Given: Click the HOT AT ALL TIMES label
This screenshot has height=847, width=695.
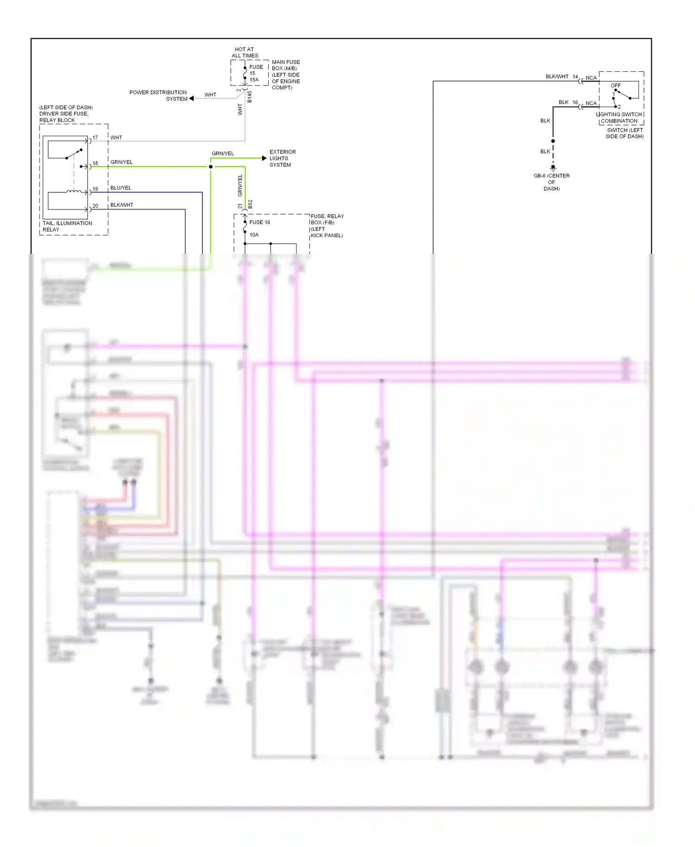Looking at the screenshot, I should pyautogui.click(x=245, y=52).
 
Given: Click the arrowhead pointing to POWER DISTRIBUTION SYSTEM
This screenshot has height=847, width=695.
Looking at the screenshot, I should pyautogui.click(x=191, y=98).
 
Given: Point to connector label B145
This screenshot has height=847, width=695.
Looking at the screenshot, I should pyautogui.click(x=249, y=96).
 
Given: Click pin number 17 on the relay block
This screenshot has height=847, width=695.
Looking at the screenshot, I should pyautogui.click(x=95, y=138).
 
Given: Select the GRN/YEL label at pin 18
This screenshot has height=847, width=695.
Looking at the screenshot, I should pyautogui.click(x=121, y=162).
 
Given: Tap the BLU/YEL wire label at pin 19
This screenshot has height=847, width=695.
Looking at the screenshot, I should pyautogui.click(x=120, y=188).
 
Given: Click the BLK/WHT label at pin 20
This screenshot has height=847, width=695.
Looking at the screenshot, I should pyautogui.click(x=122, y=205).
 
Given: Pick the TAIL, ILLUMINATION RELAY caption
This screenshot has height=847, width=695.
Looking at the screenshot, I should pyautogui.click(x=67, y=226).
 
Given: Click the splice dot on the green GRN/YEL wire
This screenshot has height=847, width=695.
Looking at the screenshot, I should pyautogui.click(x=211, y=167).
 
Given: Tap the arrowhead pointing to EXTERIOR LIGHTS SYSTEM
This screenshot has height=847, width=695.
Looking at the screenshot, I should pyautogui.click(x=264, y=158).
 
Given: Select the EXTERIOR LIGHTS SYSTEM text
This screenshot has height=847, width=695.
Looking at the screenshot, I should pyautogui.click(x=282, y=158).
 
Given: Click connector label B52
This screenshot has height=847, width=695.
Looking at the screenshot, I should pyautogui.click(x=250, y=204).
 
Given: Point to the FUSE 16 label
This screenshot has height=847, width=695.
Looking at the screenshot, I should pyautogui.click(x=259, y=222).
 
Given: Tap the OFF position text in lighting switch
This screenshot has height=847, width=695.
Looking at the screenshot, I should pyautogui.click(x=615, y=86).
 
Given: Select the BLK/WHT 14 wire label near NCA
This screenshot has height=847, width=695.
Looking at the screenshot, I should pyautogui.click(x=561, y=76).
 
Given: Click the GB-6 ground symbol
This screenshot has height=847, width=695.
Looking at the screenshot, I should pyautogui.click(x=553, y=168).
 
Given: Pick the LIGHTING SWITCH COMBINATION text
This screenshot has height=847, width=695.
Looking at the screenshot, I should pyautogui.click(x=619, y=118).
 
